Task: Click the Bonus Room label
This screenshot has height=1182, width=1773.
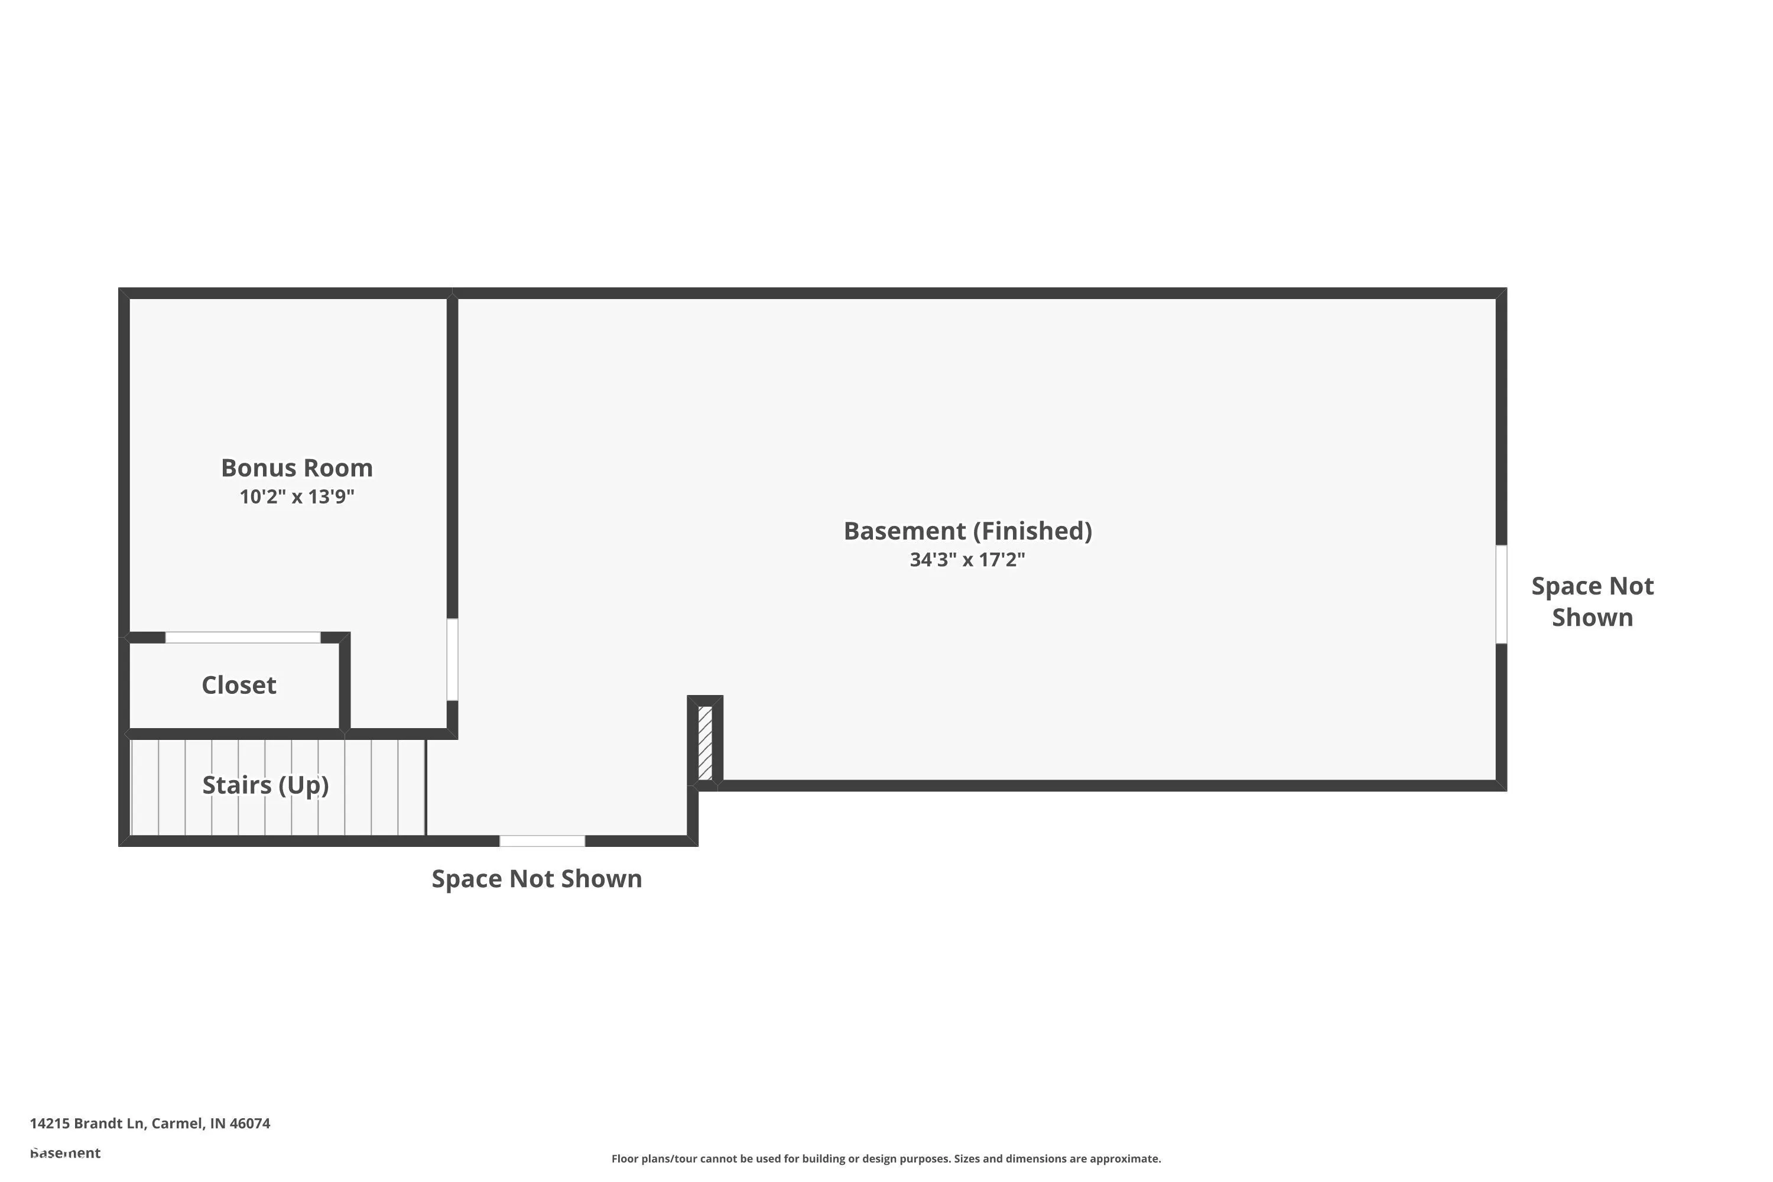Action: click(x=297, y=468)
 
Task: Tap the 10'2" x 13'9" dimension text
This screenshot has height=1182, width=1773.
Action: click(x=297, y=497)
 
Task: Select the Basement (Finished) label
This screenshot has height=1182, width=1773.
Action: click(x=968, y=531)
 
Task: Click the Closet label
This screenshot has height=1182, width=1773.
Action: click(x=239, y=685)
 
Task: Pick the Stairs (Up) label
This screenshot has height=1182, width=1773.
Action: click(x=266, y=785)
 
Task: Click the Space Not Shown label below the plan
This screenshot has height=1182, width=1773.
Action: click(x=537, y=879)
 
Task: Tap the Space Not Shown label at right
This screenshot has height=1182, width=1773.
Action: click(x=1593, y=602)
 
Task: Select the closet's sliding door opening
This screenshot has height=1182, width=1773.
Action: click(x=243, y=638)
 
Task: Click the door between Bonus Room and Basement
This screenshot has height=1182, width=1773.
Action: click(x=452, y=660)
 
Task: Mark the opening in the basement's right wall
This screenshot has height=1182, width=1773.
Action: click(x=1502, y=595)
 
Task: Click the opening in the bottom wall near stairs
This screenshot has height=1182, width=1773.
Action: click(x=543, y=841)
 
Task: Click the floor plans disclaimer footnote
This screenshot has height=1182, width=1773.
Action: click(x=886, y=1158)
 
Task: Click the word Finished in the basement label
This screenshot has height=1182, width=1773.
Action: click(x=1032, y=531)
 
